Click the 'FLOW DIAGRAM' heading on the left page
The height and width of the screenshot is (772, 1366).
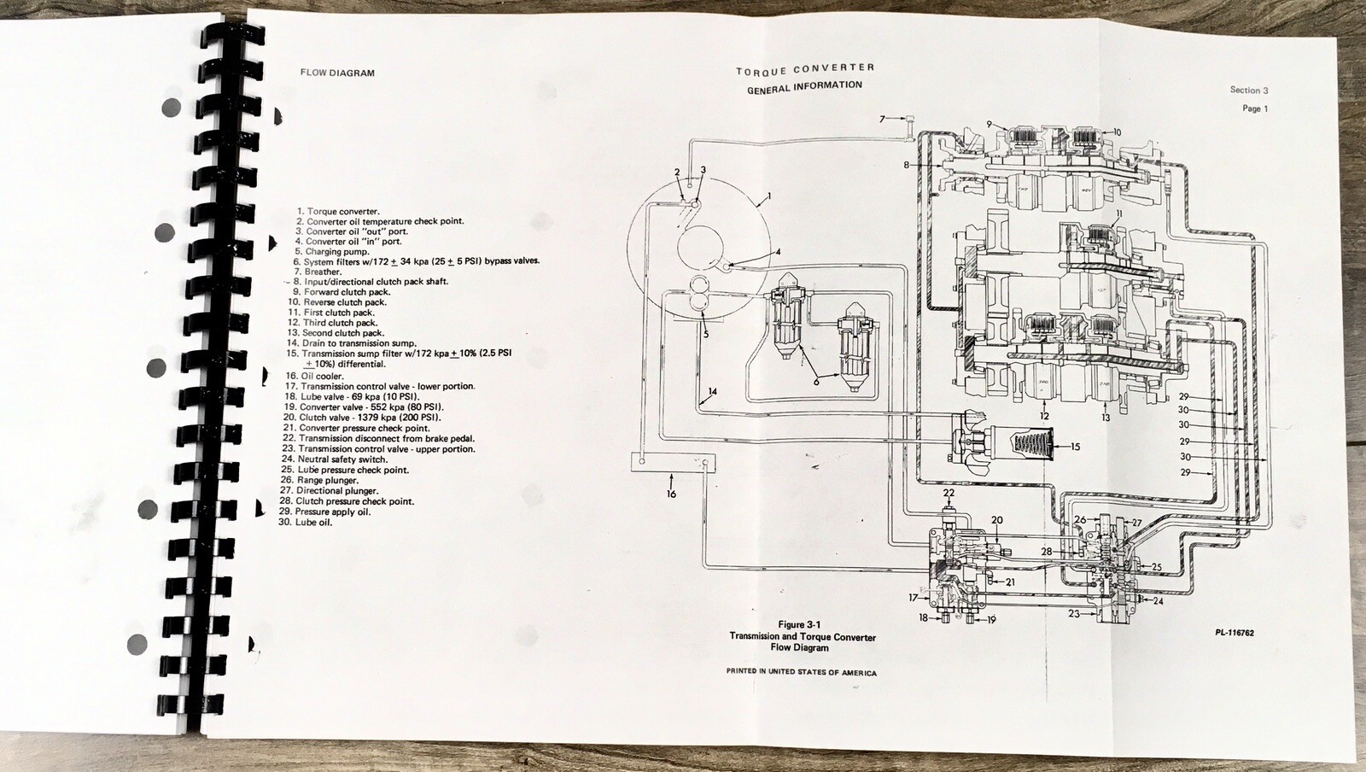[x=337, y=73]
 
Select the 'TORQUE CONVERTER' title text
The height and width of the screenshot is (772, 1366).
[x=805, y=68]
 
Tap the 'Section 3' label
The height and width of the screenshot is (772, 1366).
[x=1249, y=90]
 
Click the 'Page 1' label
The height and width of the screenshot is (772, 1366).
[x=1255, y=108]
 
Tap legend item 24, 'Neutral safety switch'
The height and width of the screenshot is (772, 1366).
[x=336, y=459]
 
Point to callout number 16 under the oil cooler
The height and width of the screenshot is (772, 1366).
[x=672, y=494]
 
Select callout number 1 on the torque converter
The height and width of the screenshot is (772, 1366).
[x=768, y=196]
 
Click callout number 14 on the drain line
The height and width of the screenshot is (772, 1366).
[x=712, y=392]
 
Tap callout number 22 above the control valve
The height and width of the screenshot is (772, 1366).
[x=949, y=493]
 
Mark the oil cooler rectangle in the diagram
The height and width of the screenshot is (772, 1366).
[x=674, y=464]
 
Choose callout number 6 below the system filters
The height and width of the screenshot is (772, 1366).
[x=816, y=382]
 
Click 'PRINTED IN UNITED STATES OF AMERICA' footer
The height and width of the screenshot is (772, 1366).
[x=801, y=672]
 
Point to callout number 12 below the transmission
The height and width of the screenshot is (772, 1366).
[x=1044, y=417]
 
